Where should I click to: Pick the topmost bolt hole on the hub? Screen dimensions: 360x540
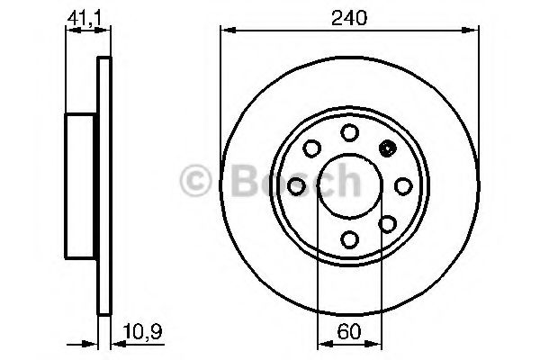tap(349, 132)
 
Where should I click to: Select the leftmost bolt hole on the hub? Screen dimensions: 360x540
tap(296, 185)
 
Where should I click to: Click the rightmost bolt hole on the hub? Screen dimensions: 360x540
tap(402, 185)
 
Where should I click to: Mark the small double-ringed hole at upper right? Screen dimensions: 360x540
tap(388, 148)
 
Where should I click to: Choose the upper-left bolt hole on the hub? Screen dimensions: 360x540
tap(311, 148)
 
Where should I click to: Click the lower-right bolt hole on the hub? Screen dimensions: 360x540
tap(388, 222)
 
